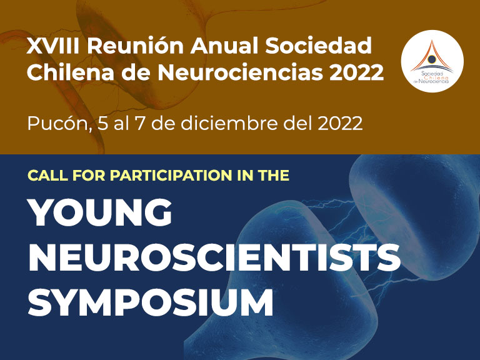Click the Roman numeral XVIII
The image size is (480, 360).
pos(52,46)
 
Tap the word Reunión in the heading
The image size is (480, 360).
pos(135,46)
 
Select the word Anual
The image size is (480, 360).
pos(224,46)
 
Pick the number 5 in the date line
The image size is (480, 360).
pos(102,124)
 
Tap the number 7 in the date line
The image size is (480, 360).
pos(139,124)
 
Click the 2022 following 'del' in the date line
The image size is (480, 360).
pos(340,124)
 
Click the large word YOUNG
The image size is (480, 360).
pos(100,212)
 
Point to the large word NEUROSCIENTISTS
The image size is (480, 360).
pos(214,257)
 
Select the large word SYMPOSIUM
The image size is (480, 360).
pos(151,302)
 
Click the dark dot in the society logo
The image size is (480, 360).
pos(432,59)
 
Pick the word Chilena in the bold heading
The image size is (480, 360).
pos(71,72)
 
